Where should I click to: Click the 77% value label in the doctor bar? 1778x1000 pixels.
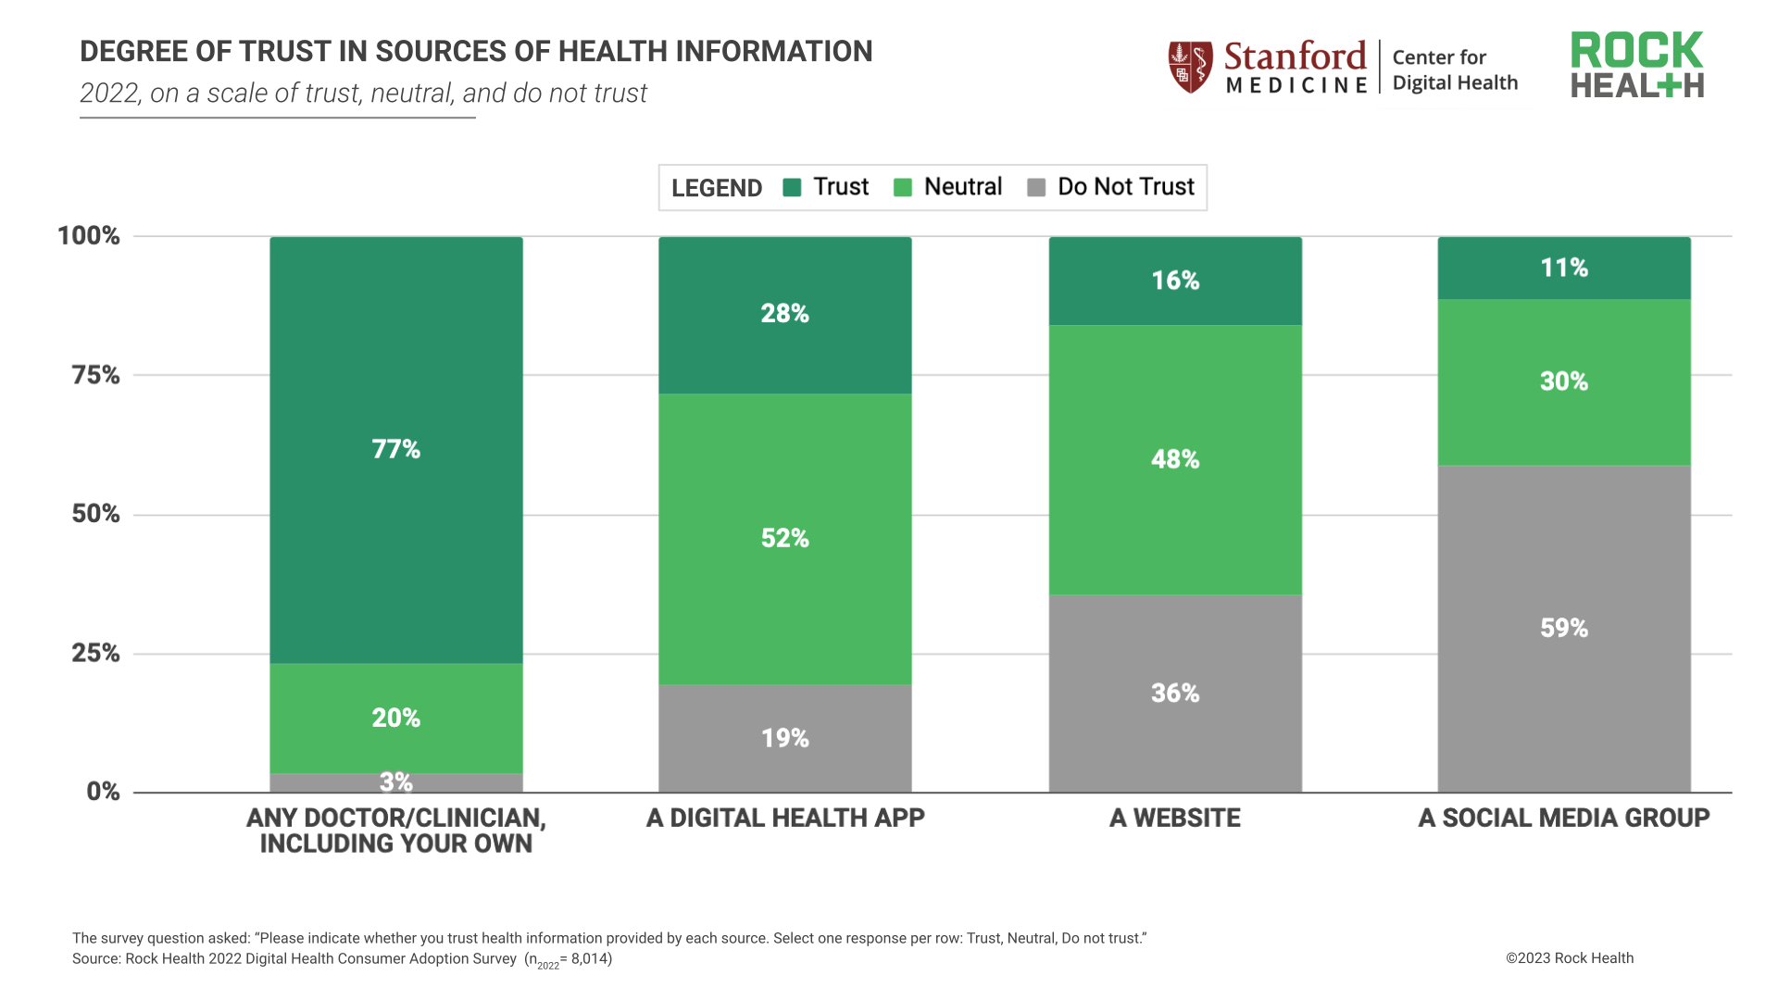click(x=395, y=449)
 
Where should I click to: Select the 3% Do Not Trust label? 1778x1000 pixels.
click(x=395, y=782)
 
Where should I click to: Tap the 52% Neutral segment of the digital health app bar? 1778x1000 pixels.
click(x=784, y=538)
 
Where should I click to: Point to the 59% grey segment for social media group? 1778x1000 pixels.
click(x=1564, y=628)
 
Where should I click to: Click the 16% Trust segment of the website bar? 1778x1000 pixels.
click(x=1175, y=281)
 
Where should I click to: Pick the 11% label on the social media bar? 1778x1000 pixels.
click(x=1564, y=269)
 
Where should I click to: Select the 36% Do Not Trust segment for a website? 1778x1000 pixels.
click(x=1175, y=693)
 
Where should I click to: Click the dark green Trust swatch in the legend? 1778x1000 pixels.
click(x=792, y=188)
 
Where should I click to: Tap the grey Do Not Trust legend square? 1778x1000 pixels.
click(x=1036, y=188)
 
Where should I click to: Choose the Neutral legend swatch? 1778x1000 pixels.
click(x=903, y=188)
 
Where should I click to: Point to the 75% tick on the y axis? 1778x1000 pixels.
click(x=95, y=375)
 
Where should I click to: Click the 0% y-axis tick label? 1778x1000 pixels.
click(x=103, y=792)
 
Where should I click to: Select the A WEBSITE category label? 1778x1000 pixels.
click(x=1174, y=819)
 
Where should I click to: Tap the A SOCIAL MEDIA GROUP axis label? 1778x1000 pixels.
click(x=1563, y=819)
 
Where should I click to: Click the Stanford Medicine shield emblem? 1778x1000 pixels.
click(x=1190, y=67)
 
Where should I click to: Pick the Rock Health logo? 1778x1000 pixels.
click(x=1636, y=66)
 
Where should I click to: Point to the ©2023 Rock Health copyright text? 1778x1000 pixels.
click(x=1569, y=958)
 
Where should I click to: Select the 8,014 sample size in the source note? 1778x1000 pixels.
click(x=589, y=958)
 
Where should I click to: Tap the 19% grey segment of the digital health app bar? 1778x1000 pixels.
click(x=784, y=738)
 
